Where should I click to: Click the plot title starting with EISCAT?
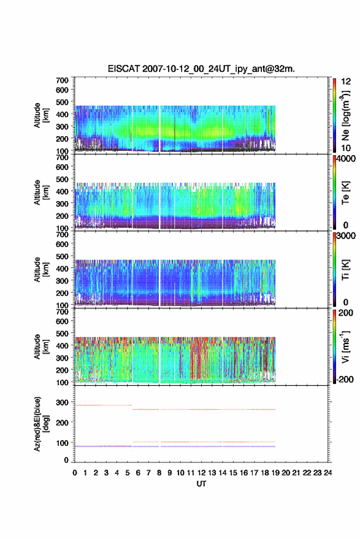(202, 69)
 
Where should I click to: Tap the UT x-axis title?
(202, 484)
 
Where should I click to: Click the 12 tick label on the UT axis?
(202, 473)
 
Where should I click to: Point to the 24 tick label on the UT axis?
(327, 473)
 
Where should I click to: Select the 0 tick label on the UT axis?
(75, 473)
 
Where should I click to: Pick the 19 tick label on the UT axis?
(275, 473)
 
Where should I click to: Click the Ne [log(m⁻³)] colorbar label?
(346, 115)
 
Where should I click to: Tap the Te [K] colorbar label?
(345, 193)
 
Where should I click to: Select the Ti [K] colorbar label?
(345, 270)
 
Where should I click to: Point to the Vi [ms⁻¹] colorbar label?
(345, 347)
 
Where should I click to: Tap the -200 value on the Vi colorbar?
(345, 379)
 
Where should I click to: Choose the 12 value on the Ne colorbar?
(346, 82)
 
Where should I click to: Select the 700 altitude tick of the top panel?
(62, 80)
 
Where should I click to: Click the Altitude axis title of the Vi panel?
(40, 346)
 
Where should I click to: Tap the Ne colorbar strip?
(334, 115)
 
